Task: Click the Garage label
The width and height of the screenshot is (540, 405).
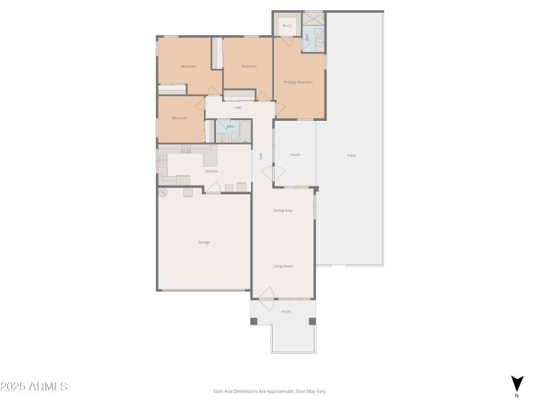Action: click(204, 242)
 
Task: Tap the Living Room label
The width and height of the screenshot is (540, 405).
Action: click(283, 266)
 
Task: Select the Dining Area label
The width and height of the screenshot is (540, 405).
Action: click(283, 211)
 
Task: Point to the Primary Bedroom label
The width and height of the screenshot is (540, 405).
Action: click(298, 82)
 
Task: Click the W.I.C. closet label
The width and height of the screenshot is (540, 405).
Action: click(287, 26)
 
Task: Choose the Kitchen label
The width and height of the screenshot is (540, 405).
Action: click(212, 171)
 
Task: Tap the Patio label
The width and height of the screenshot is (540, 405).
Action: click(352, 156)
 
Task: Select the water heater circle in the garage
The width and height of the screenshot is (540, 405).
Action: click(163, 192)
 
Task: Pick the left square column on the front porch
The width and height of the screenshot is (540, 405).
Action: click(254, 321)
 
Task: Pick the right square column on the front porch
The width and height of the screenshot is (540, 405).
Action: click(310, 321)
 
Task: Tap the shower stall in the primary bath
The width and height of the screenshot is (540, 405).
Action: click(313, 18)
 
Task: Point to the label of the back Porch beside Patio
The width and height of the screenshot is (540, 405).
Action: click(295, 155)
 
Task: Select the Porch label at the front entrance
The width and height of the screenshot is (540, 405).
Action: click(286, 311)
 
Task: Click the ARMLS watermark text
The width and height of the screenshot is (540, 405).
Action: click(34, 387)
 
